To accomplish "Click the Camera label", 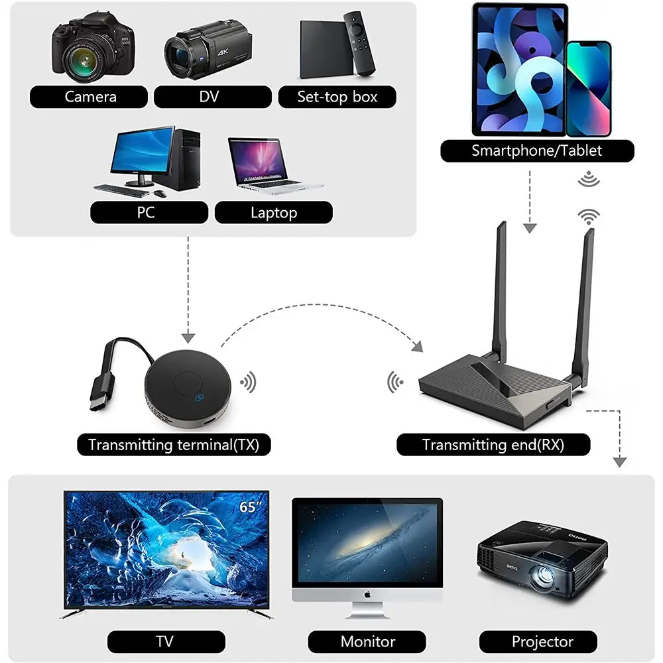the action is [90, 97].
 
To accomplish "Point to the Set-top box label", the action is [337, 97].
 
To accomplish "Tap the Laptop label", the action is [273, 213].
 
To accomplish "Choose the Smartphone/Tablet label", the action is [537, 151].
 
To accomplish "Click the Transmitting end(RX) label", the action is [493, 444].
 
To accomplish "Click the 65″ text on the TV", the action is [249, 507].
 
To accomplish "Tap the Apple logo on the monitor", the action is [367, 595].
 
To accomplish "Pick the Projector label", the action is [542, 642].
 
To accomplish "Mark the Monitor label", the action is [367, 642].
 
